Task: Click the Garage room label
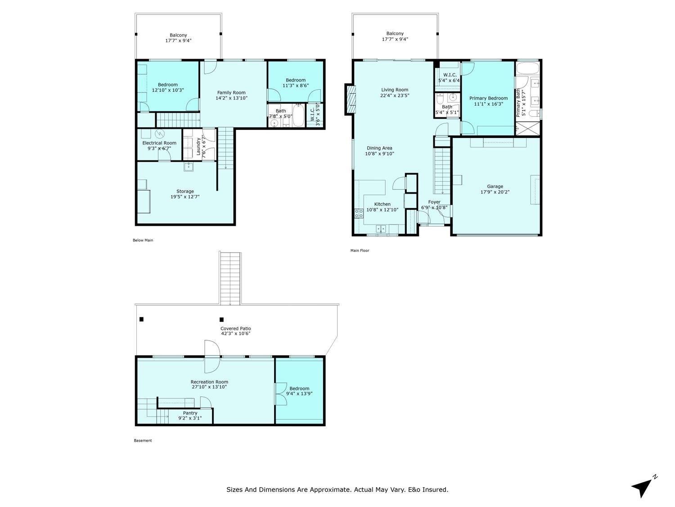pyautogui.click(x=495, y=186)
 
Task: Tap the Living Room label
pyautogui.click(x=395, y=90)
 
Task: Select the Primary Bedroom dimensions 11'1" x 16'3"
pyautogui.click(x=488, y=104)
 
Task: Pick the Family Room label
pyautogui.click(x=231, y=92)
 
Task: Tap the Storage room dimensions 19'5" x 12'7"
pyautogui.click(x=185, y=196)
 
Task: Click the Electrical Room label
pyautogui.click(x=159, y=143)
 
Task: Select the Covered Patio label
pyautogui.click(x=235, y=329)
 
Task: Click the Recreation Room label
pyautogui.click(x=209, y=382)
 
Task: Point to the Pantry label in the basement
pyautogui.click(x=190, y=413)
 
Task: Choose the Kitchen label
pyautogui.click(x=382, y=204)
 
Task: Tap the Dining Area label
pyautogui.click(x=379, y=148)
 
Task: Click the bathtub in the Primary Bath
pyautogui.click(x=527, y=68)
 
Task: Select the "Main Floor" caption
pyautogui.click(x=360, y=251)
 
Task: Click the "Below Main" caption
pyautogui.click(x=143, y=240)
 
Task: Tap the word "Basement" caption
pyautogui.click(x=143, y=440)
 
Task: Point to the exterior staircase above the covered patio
pyautogui.click(x=230, y=278)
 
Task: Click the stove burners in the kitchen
pyautogui.click(x=359, y=213)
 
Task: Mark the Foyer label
pyautogui.click(x=434, y=202)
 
